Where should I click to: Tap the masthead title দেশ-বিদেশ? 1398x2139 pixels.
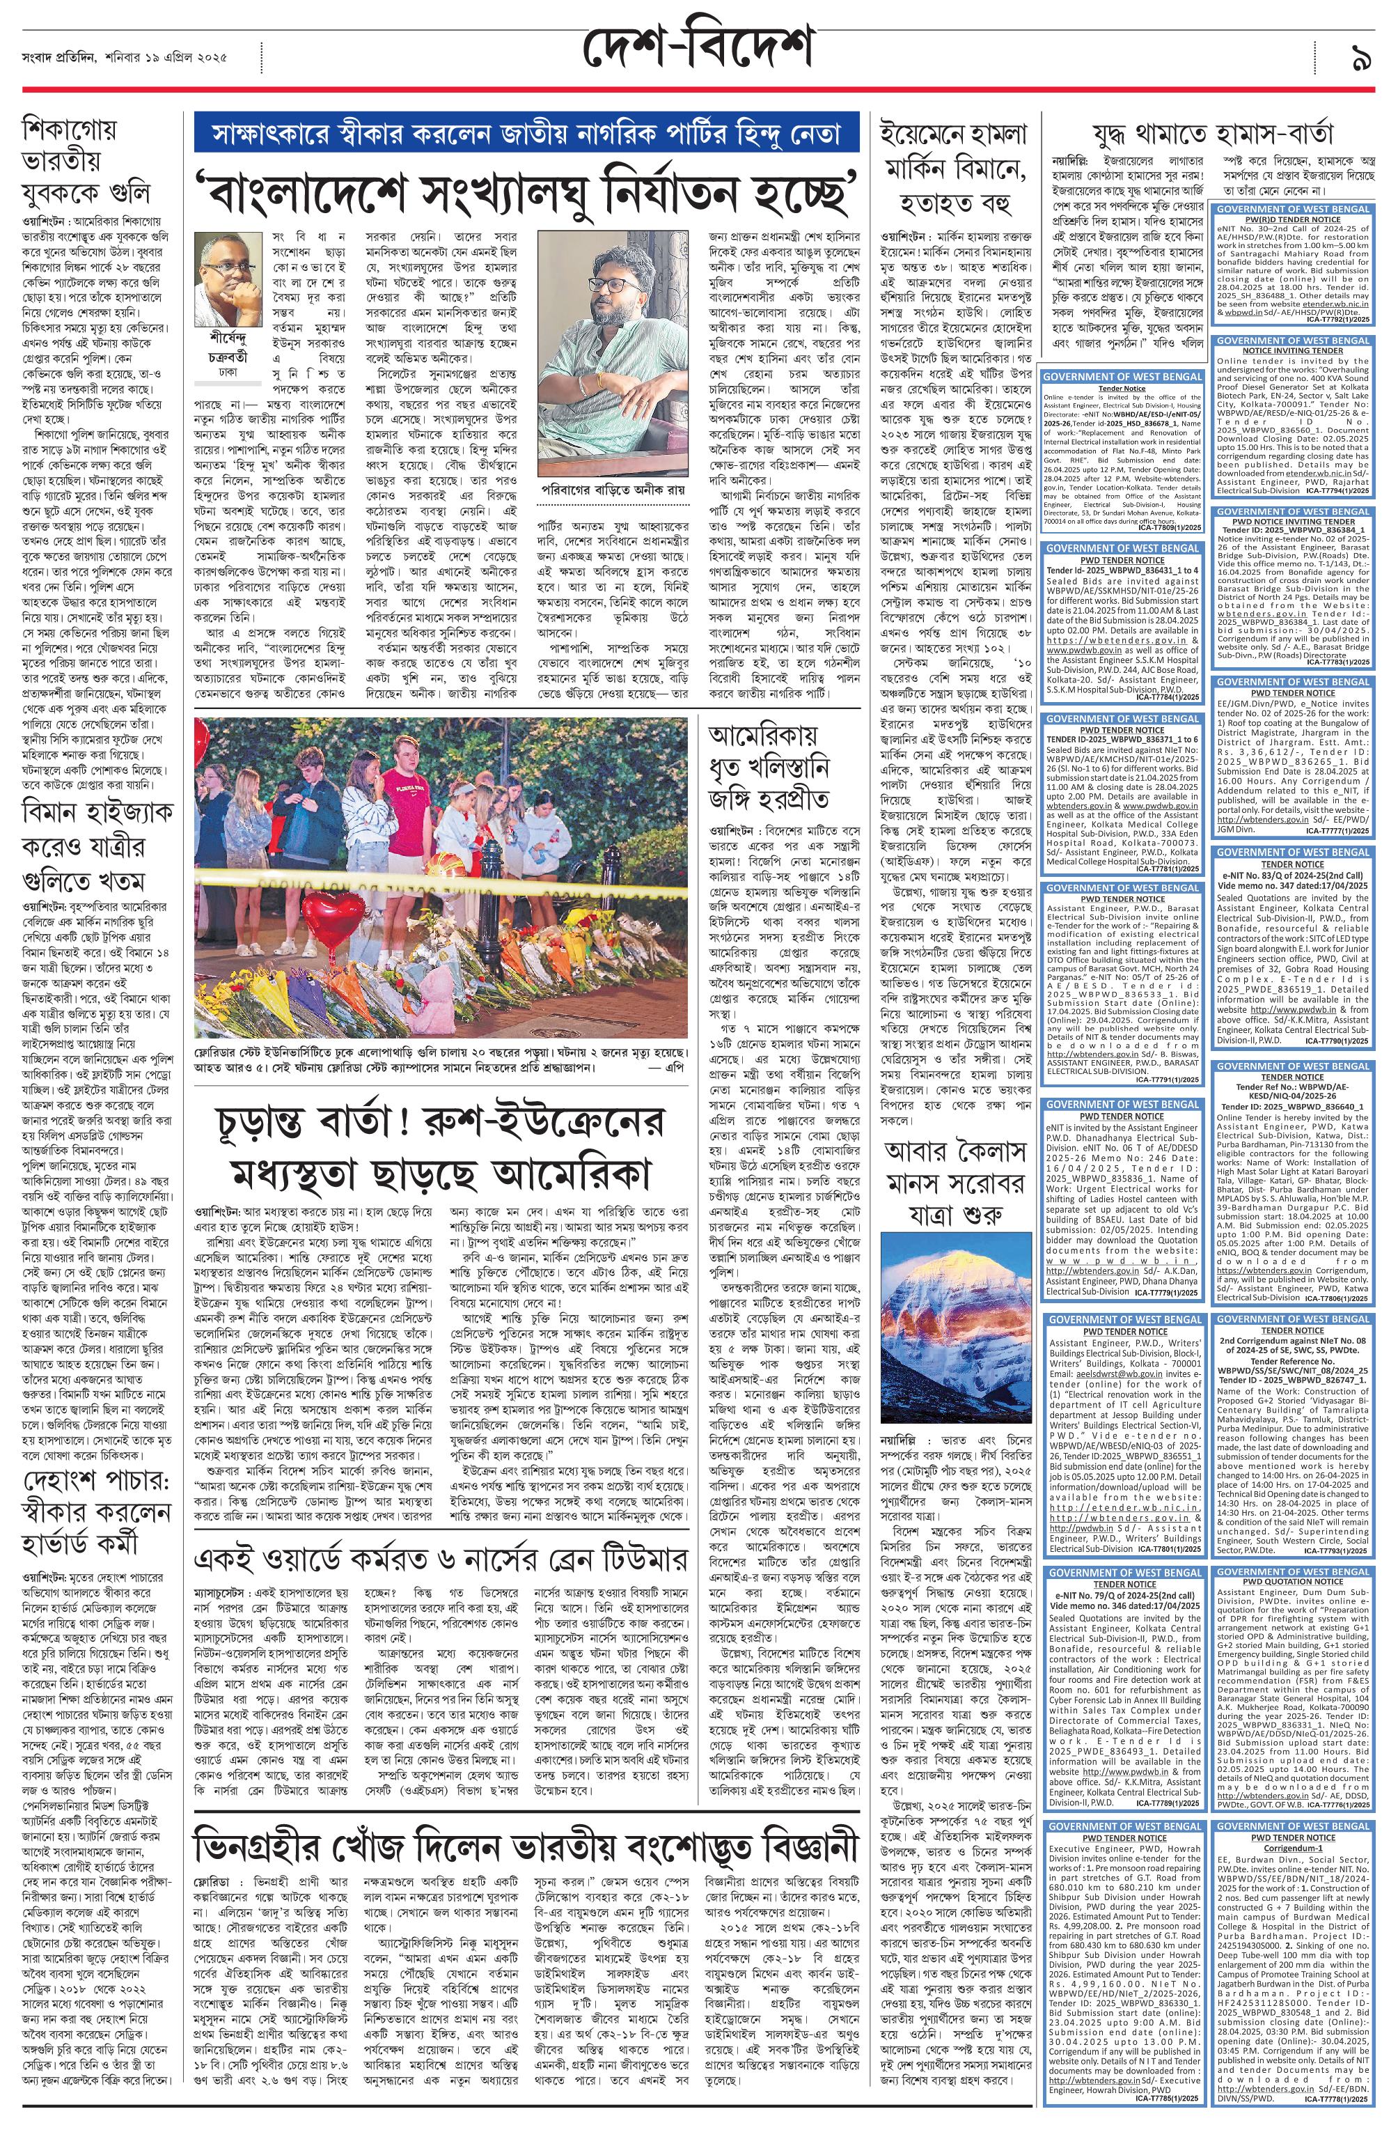[x=697, y=46]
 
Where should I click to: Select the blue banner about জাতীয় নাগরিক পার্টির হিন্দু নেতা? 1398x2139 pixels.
[x=526, y=135]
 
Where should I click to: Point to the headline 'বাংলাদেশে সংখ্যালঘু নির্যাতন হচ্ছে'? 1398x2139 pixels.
[x=526, y=189]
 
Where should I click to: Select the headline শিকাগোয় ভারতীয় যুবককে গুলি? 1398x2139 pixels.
[x=86, y=162]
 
